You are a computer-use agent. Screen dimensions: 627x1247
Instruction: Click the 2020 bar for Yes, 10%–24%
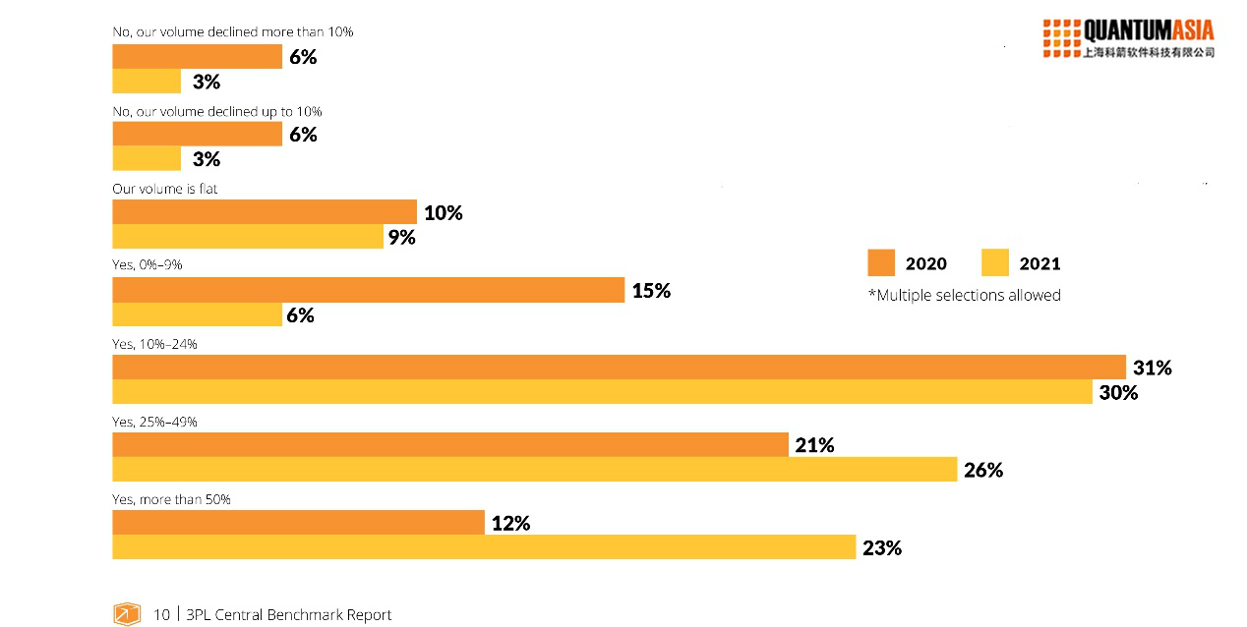(619, 368)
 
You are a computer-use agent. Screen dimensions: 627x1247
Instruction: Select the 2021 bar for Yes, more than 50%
(484, 547)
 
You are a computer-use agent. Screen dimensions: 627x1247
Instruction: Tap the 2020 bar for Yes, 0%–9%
(368, 290)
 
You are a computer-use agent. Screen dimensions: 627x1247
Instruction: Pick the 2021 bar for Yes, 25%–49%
(534, 470)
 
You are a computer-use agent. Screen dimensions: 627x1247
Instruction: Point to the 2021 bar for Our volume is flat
(248, 237)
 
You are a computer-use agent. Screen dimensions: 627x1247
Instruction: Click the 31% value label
(1153, 368)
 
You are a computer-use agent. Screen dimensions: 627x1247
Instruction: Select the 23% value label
(882, 548)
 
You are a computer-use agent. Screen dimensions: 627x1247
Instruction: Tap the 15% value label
(651, 291)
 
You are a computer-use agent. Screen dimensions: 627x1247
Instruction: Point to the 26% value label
(983, 470)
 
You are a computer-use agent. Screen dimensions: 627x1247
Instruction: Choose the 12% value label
(510, 524)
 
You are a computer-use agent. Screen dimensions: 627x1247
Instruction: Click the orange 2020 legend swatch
(881, 262)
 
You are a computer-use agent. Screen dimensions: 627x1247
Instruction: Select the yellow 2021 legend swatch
(995, 262)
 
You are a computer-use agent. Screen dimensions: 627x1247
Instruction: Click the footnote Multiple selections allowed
(964, 295)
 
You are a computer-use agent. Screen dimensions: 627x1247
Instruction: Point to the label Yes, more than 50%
(171, 499)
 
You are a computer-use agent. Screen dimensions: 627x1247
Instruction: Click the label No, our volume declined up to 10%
(217, 111)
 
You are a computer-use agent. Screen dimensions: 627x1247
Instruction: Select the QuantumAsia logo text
(1148, 30)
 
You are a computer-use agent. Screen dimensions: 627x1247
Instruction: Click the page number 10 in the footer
(161, 615)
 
